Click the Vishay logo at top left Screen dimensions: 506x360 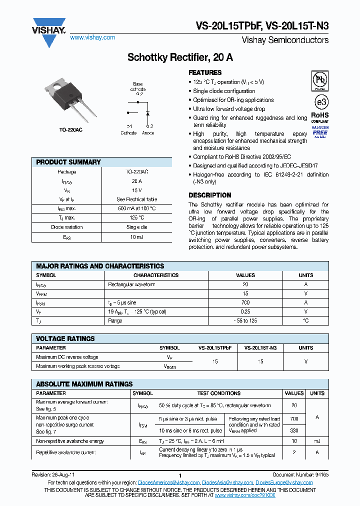tap(49, 27)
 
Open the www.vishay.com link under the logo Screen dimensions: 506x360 tap(92, 37)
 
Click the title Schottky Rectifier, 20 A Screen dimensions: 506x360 tap(180, 57)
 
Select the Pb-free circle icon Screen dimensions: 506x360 tap(320, 80)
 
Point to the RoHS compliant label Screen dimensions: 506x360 tap(320, 118)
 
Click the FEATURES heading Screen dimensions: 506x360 tap(205, 72)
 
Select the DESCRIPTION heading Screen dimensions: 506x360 tap(209, 195)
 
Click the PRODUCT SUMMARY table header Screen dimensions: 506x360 tap(68, 162)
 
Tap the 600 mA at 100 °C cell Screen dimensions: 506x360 tap(136, 208)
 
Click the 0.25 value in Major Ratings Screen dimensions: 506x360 tap(245, 311)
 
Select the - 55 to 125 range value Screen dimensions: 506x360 tap(245, 320)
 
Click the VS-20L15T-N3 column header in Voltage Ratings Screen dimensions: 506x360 tap(260, 347)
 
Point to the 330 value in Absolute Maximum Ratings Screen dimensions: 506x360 tap(294, 430)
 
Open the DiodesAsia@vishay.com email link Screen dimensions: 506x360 tap(227, 482)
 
